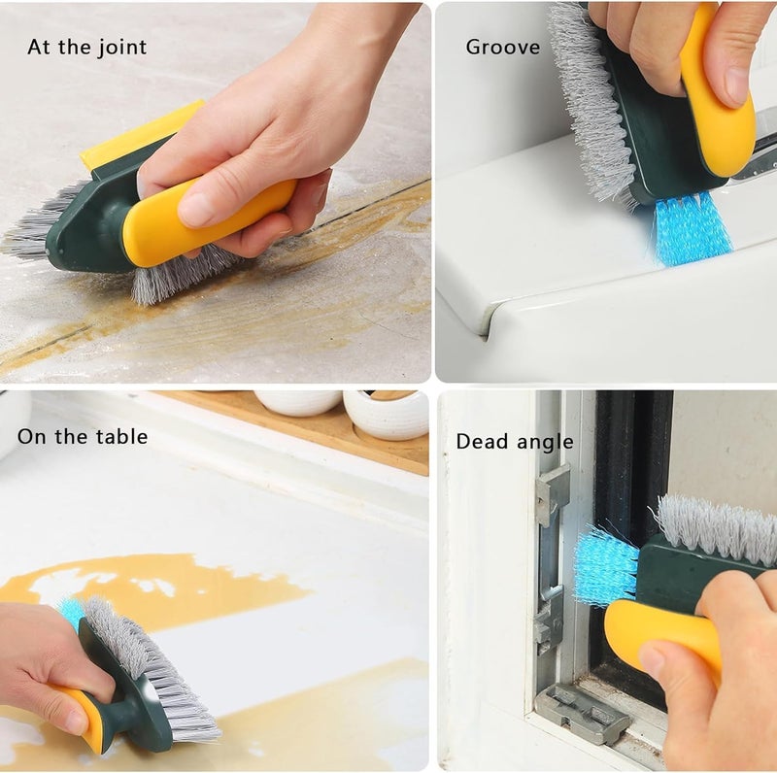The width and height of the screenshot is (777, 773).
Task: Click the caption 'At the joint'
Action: click(86, 47)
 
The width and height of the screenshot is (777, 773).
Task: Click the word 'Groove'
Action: click(502, 47)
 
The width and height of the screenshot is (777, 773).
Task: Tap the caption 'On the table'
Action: click(83, 436)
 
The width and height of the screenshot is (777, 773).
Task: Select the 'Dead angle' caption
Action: click(514, 442)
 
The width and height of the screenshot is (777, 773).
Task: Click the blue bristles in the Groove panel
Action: click(692, 228)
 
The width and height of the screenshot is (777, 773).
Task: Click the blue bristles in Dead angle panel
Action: click(604, 565)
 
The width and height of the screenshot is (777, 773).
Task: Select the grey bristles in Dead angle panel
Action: click(719, 529)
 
